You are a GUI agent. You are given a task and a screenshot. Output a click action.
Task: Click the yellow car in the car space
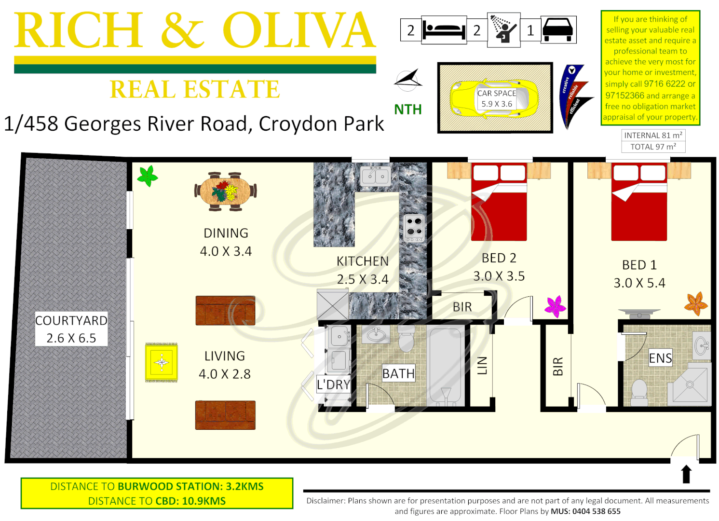coord(494,98)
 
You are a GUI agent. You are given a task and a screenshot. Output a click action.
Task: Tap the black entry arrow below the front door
coord(686,474)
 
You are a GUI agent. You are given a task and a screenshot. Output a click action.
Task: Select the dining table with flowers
coord(225,191)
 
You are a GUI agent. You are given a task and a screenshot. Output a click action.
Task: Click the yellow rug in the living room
coord(162,362)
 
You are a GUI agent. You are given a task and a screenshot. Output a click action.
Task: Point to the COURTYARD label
coord(71,321)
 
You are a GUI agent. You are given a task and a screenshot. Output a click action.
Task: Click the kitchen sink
coord(376,176)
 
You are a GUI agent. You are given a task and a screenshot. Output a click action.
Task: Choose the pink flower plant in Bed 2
coord(556,306)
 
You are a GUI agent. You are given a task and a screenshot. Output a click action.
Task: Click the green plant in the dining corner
coord(148,176)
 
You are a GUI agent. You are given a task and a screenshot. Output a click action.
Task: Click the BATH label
coord(398,373)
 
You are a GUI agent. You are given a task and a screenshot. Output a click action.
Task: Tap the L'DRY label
coord(333,384)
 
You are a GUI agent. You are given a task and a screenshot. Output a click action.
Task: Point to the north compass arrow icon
coord(408,80)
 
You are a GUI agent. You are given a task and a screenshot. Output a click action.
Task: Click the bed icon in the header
coord(444,30)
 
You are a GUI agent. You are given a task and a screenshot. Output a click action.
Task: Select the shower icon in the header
coord(503,30)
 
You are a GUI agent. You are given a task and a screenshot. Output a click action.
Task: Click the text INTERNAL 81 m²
coord(653,136)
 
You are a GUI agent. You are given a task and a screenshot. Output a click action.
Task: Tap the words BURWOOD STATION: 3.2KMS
coord(190,486)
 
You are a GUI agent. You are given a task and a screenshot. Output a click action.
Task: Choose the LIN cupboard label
coord(482,365)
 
